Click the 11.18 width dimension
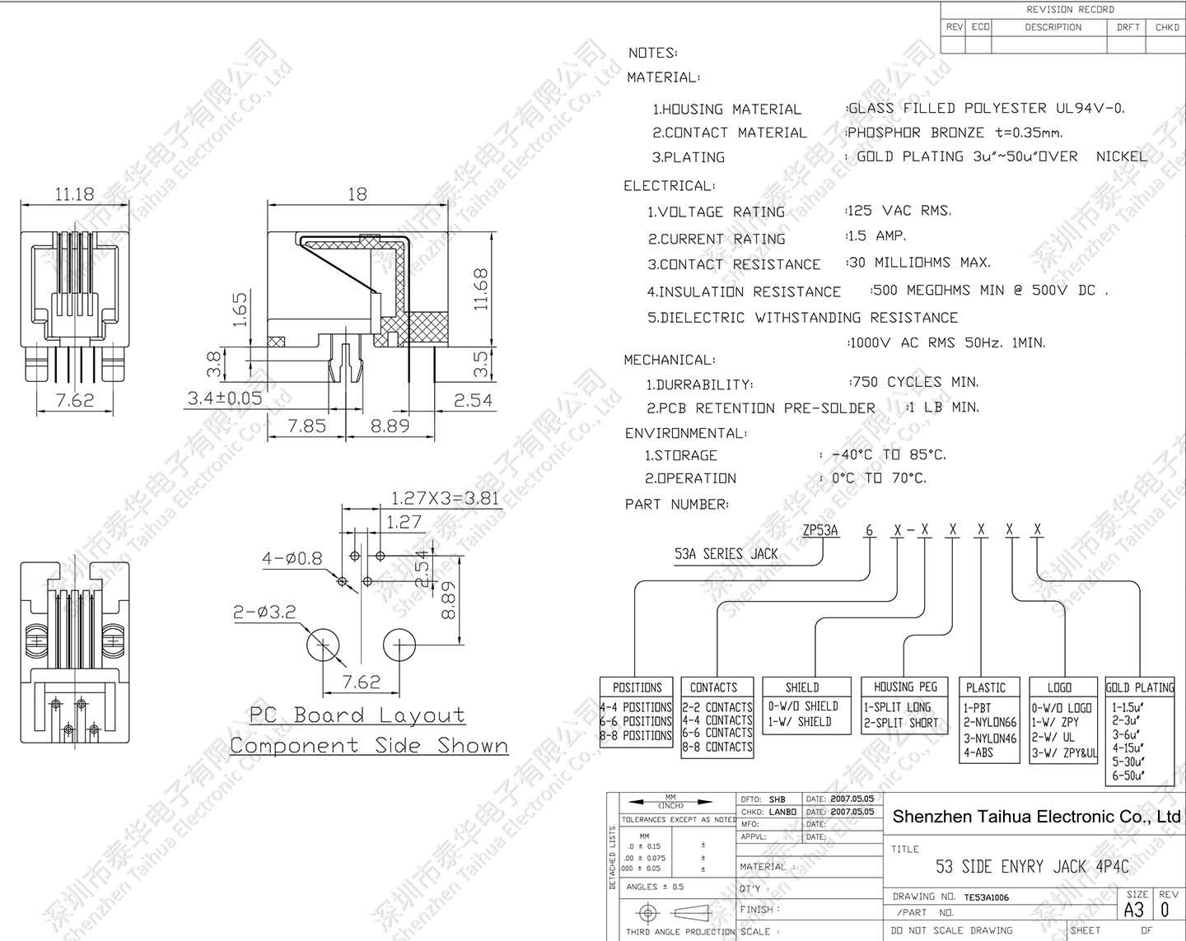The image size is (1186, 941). [x=74, y=194]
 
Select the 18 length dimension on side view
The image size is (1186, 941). [x=357, y=194]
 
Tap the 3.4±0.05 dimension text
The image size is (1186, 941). [x=224, y=398]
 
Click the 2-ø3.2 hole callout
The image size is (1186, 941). [x=264, y=613]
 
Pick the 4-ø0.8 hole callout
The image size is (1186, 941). [x=292, y=558]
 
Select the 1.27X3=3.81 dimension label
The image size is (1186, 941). [x=445, y=498]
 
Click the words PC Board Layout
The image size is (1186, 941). [x=357, y=715]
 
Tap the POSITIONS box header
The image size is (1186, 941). [x=637, y=687]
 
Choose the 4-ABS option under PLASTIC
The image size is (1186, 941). [x=978, y=752]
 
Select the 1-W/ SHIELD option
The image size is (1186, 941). [x=800, y=722]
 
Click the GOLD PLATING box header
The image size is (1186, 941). [x=1140, y=687]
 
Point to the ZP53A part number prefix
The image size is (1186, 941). [x=820, y=530]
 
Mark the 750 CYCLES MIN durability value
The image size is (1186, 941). [x=914, y=382]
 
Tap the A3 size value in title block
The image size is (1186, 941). [x=1134, y=910]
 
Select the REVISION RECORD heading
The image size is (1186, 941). [x=1070, y=10]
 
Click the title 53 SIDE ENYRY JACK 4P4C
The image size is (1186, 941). [x=1032, y=866]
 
